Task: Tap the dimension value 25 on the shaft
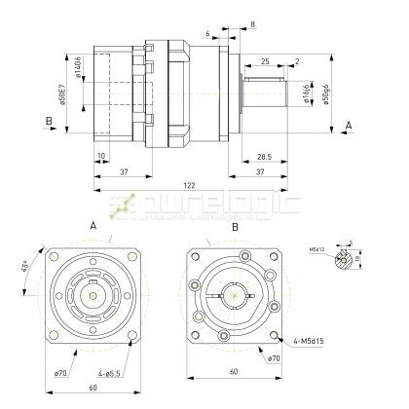pos(265,60)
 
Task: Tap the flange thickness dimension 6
pos(208,32)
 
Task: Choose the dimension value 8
pos(253,23)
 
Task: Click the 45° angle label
pos(23,266)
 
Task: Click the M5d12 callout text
pos(316,248)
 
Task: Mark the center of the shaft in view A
pos(91,295)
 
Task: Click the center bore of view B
pos(234,295)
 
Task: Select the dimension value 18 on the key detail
pos(371,258)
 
